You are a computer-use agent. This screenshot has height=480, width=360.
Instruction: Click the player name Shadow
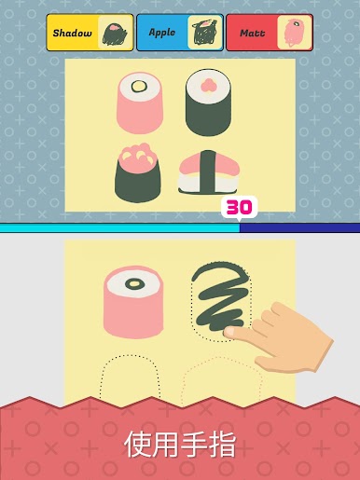coord(72,33)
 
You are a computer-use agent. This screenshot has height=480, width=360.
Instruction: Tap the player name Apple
coord(162,33)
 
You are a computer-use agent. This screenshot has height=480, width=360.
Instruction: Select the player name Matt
coord(253,33)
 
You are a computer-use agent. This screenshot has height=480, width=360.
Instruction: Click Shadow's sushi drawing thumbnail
coord(115,34)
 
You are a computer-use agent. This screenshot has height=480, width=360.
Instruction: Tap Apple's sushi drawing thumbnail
coord(204,33)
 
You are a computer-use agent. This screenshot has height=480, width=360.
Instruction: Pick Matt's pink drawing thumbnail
coord(293,33)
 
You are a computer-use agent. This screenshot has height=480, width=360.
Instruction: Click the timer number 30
coord(239,207)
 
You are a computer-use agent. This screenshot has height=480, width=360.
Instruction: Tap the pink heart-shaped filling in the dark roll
coord(208,85)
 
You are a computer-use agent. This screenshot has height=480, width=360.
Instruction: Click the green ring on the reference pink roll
coord(139,86)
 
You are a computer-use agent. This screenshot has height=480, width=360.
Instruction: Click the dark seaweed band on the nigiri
coord(208,171)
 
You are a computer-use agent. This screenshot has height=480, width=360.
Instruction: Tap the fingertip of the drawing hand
coord(229,332)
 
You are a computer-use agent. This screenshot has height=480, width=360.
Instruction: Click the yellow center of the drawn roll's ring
coord(134,283)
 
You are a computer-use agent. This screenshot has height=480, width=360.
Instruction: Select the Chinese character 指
coord(222,444)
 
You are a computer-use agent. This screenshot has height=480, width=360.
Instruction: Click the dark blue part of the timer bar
coord(299,227)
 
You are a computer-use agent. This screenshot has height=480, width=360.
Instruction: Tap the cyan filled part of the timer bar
coord(119,228)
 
